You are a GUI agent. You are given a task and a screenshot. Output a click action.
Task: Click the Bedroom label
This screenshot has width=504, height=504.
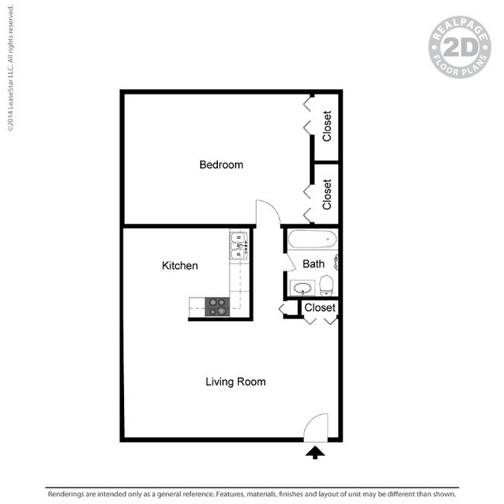221,164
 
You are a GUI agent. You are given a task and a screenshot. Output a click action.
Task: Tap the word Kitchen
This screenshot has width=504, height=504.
179,266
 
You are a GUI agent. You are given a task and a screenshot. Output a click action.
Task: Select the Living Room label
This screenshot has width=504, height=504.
235,381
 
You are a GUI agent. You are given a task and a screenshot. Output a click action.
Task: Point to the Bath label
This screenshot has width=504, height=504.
313,264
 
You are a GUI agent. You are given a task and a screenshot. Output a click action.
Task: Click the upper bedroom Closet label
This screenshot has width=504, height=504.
327,126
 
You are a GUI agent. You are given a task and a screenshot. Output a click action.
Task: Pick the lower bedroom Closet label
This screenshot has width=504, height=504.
327,194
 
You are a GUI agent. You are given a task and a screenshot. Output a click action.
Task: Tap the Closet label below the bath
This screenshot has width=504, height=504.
319,308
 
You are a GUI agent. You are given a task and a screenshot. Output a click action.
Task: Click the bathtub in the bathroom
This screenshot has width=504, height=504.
312,240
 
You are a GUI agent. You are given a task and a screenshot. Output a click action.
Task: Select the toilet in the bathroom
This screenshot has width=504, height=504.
326,286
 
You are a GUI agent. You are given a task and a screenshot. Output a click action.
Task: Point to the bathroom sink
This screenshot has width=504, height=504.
302,288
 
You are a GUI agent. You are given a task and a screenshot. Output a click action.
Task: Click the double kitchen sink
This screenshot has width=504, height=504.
238,244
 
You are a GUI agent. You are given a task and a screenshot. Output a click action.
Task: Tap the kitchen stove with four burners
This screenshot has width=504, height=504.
216,307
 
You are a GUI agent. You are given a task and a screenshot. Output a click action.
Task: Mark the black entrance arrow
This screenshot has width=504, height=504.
315,452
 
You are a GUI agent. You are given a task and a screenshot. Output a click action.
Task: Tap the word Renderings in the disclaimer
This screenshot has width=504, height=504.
68,494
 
